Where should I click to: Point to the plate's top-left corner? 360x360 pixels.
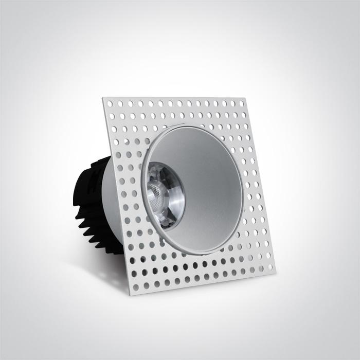103,98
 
